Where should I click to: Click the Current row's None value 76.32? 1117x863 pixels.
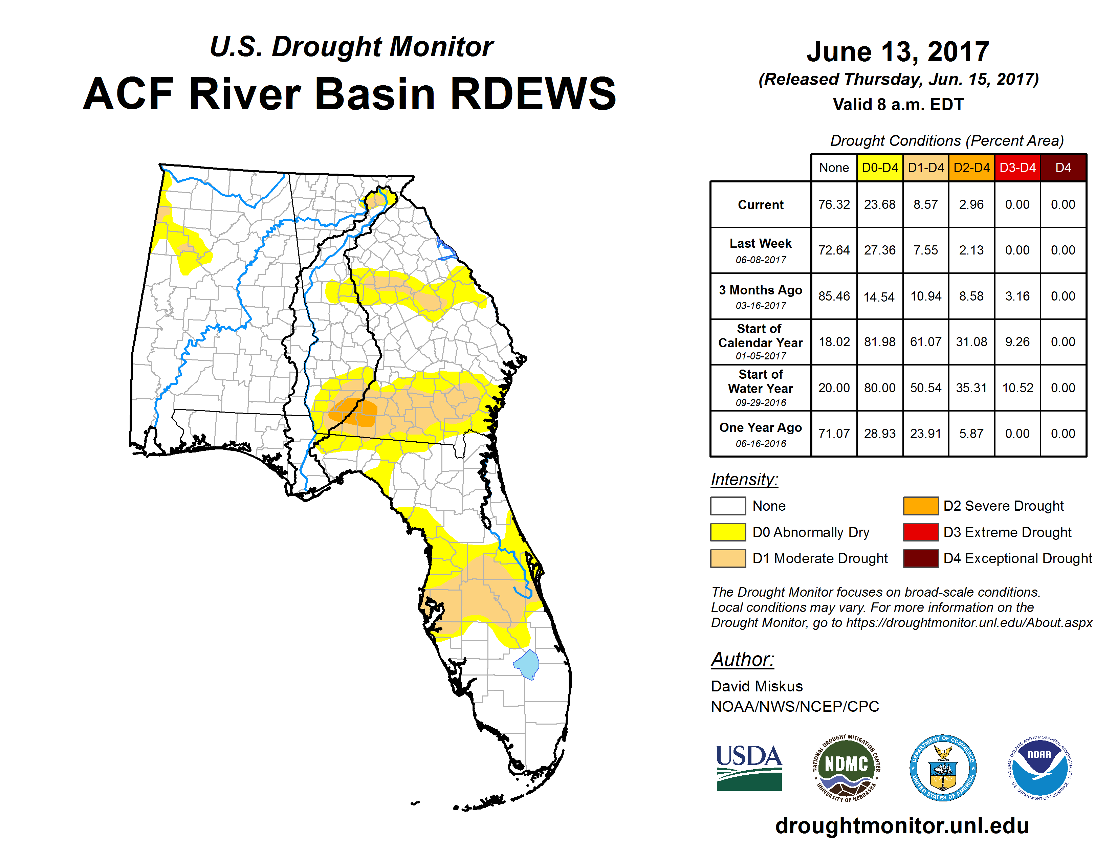tap(834, 204)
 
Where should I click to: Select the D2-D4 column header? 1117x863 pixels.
tap(971, 168)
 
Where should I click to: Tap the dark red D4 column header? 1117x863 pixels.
tap(1063, 168)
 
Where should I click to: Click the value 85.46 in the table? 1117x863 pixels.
tap(834, 296)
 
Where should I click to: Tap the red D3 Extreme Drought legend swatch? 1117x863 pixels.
tap(921, 532)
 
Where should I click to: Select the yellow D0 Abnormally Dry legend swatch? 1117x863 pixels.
tap(728, 532)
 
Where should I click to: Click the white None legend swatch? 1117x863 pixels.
tap(728, 506)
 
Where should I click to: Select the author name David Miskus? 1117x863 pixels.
tap(757, 686)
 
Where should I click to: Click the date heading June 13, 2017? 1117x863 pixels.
tap(898, 52)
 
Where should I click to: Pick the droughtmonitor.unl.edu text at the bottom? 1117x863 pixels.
tap(902, 826)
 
